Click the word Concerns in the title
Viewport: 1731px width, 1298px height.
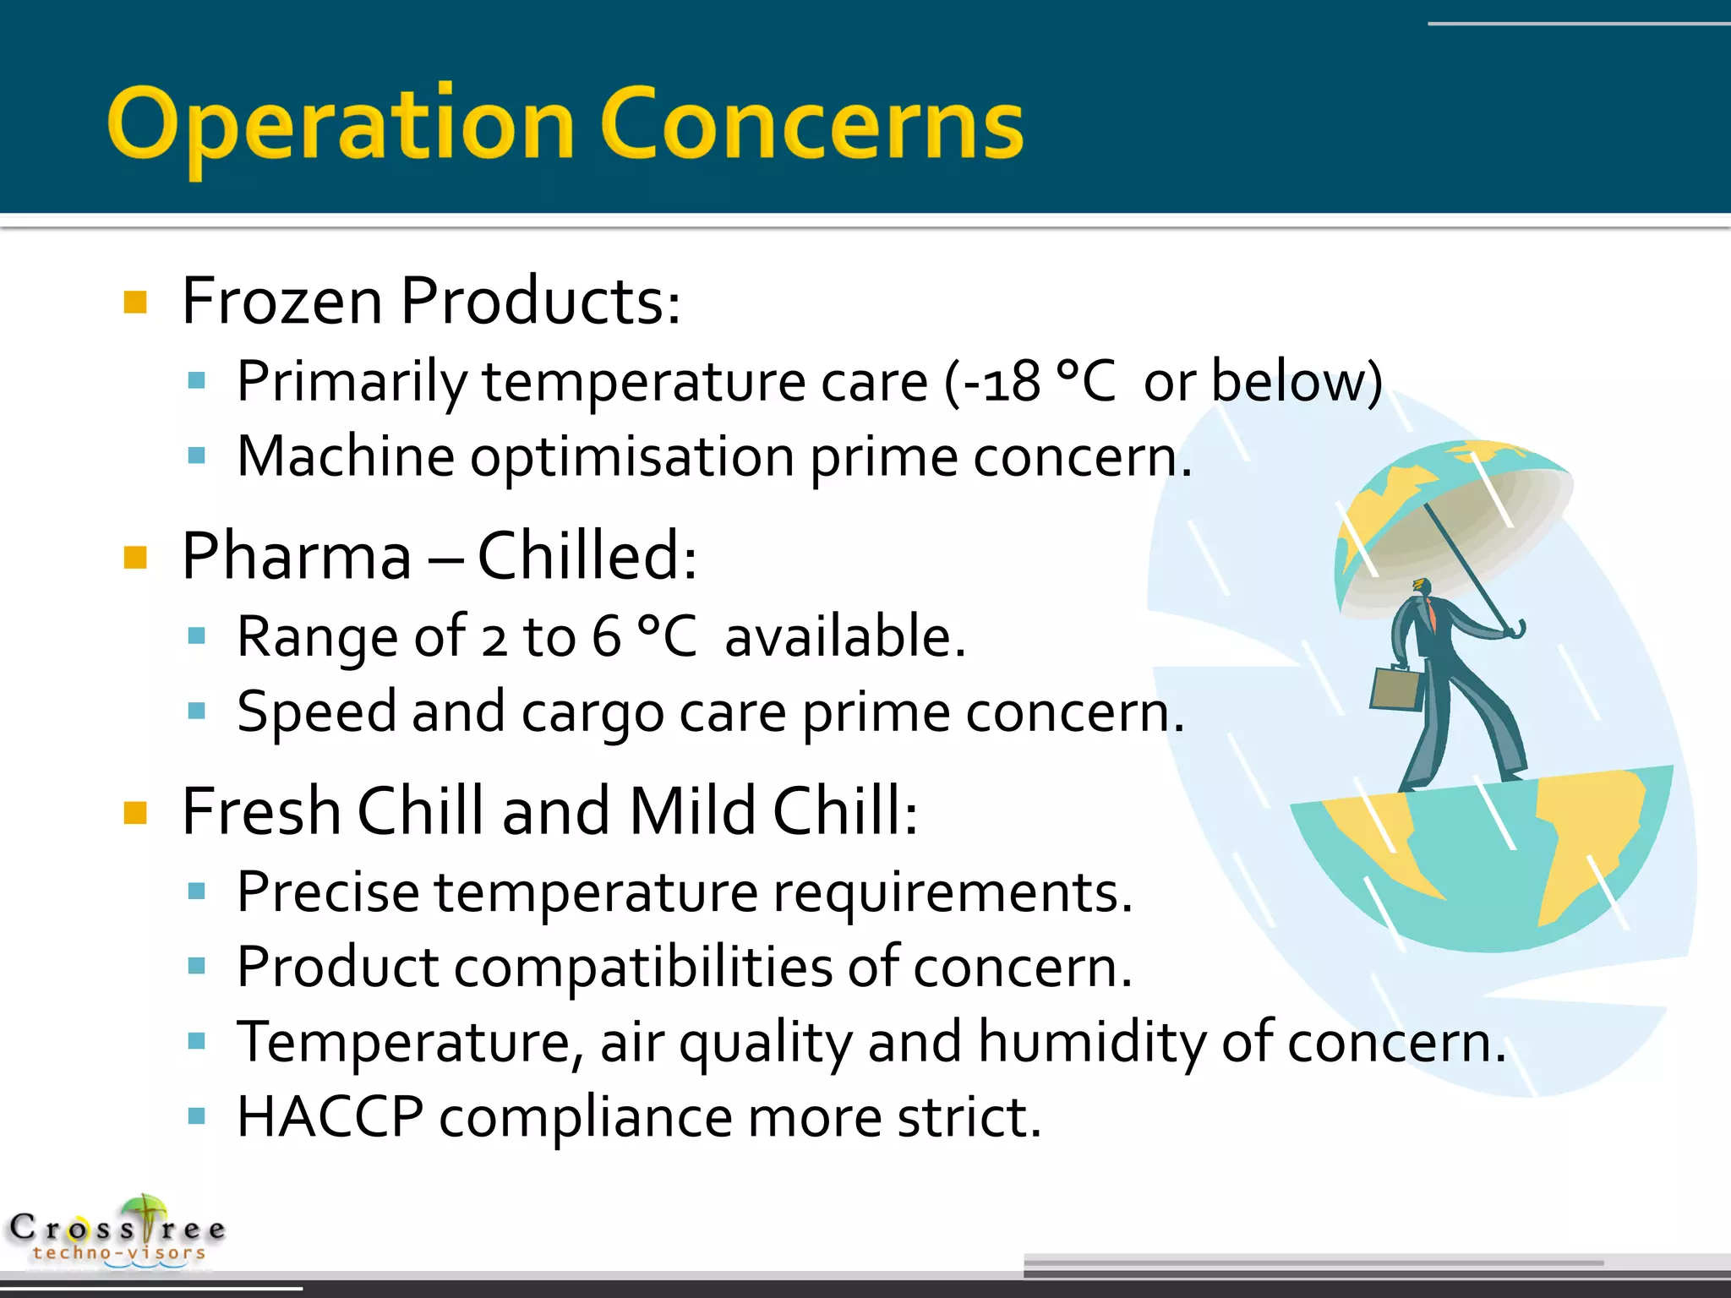coord(811,125)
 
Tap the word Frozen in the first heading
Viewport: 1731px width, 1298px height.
coord(282,302)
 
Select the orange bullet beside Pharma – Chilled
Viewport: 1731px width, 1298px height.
coord(135,558)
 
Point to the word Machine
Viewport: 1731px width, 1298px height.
coord(346,457)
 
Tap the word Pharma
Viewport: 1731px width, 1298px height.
coord(296,558)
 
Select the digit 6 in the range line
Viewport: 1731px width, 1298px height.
coord(606,637)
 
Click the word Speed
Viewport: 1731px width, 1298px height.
coord(316,712)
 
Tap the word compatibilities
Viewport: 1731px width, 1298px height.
coord(643,968)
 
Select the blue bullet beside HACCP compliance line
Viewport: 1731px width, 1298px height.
coord(197,1117)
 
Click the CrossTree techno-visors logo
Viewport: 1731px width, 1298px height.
coord(118,1232)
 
